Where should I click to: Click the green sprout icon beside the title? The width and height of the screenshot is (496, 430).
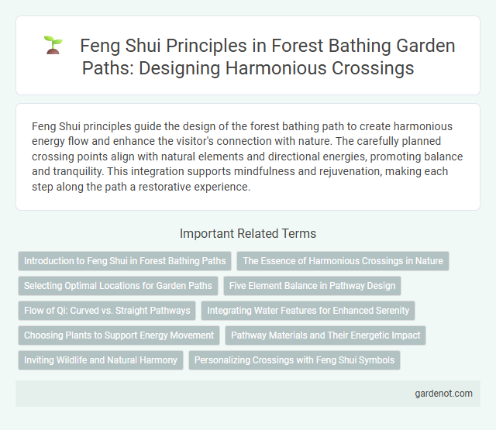[53, 46]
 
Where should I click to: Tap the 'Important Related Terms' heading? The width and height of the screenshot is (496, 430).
[248, 233]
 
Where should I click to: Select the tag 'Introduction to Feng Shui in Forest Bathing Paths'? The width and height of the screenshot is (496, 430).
[125, 261]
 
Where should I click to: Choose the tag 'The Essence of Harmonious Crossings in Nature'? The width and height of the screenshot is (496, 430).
[343, 261]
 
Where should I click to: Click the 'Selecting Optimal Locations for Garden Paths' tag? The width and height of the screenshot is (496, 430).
[118, 286]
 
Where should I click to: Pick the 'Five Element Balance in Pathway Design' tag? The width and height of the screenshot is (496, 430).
[312, 286]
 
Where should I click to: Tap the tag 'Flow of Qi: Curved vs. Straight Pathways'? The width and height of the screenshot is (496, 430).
[107, 311]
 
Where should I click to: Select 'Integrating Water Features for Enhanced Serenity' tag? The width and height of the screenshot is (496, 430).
[308, 311]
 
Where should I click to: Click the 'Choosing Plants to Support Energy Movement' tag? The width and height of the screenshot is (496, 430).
[119, 335]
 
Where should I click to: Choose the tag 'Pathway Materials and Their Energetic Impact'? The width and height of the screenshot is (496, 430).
[325, 335]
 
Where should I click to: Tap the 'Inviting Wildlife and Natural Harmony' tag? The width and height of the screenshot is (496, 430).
[101, 360]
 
